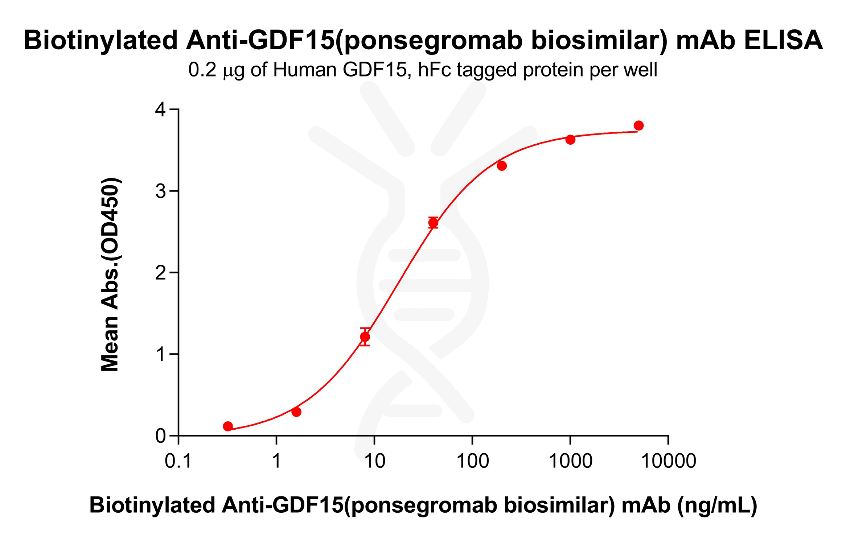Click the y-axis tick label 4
point(160,109)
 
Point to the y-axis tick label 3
point(160,191)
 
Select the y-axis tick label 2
point(160,273)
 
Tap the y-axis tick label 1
point(160,354)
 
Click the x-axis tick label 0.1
point(178,461)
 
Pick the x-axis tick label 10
point(374,461)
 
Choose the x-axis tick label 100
point(472,461)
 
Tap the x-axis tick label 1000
point(570,461)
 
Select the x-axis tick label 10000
point(668,461)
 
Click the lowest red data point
point(228,426)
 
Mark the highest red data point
point(639,125)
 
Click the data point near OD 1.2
point(365,337)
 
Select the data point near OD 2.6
point(433,223)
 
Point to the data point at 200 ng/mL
point(502,166)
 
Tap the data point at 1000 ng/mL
point(570,140)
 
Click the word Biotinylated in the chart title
point(100,41)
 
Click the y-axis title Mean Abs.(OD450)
point(110,274)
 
